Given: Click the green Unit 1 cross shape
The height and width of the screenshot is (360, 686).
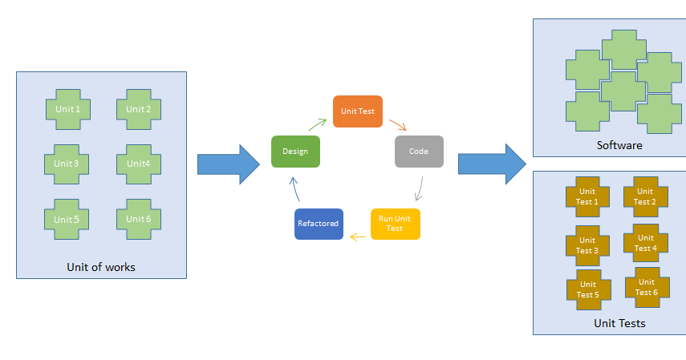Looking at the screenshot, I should click(67, 109).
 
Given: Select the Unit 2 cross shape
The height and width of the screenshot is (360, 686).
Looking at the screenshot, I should click(138, 109).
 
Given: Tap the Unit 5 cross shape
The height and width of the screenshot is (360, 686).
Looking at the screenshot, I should click(67, 219).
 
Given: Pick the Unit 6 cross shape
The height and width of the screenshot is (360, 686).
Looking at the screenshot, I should click(138, 219).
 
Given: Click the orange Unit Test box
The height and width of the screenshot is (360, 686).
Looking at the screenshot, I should click(357, 111).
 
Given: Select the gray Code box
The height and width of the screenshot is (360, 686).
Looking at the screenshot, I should click(419, 151).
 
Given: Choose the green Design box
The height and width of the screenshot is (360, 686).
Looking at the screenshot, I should click(295, 152).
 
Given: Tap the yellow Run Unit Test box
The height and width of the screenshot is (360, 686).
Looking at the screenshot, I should click(395, 224).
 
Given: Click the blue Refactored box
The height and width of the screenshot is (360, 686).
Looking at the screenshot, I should click(319, 224).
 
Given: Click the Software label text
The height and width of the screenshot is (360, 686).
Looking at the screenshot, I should click(619, 146).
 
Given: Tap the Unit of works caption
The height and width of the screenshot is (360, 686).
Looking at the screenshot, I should click(101, 267).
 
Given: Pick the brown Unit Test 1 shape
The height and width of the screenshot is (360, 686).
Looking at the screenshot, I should click(587, 197).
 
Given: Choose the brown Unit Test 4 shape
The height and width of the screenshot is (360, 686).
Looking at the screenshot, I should click(644, 244).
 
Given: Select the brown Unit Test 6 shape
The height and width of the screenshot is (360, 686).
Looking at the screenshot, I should click(646, 287).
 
